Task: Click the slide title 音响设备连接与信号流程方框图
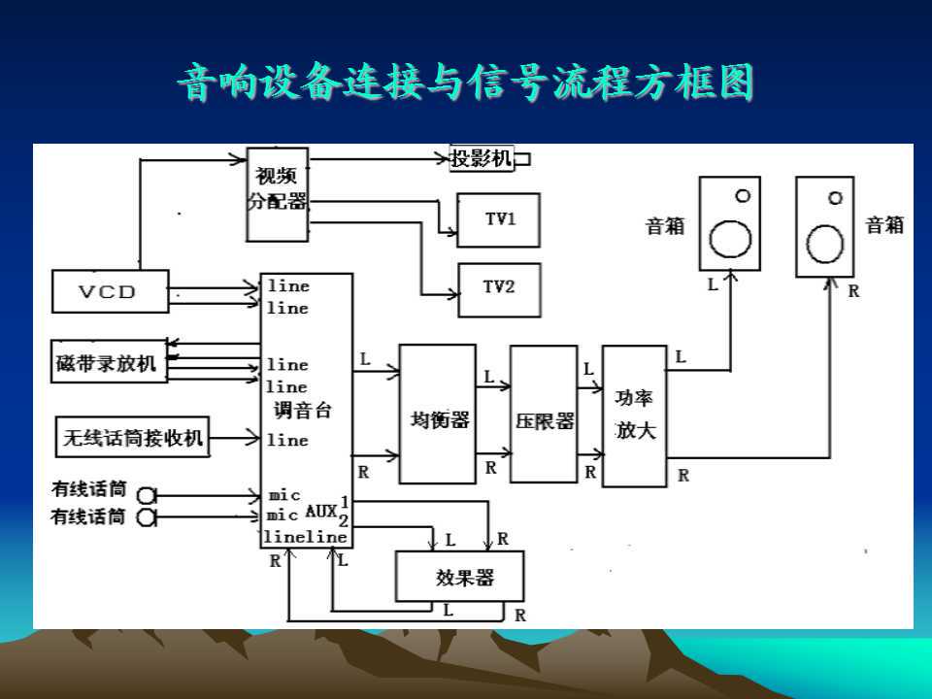pos(466,83)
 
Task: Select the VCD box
pos(110,291)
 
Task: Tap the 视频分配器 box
pos(277,193)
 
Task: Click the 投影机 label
pos(482,158)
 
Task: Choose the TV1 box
pos(499,218)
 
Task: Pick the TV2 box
pos(499,288)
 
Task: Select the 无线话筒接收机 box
pos(133,438)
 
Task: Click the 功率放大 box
pos(635,415)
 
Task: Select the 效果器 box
pos(459,577)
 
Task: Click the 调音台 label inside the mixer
pos(302,410)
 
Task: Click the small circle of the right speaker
pos(836,197)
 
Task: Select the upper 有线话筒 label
pos(89,490)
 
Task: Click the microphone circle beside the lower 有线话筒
pos(147,517)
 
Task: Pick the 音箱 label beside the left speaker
pos(665,226)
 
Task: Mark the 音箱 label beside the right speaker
pos(884,225)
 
